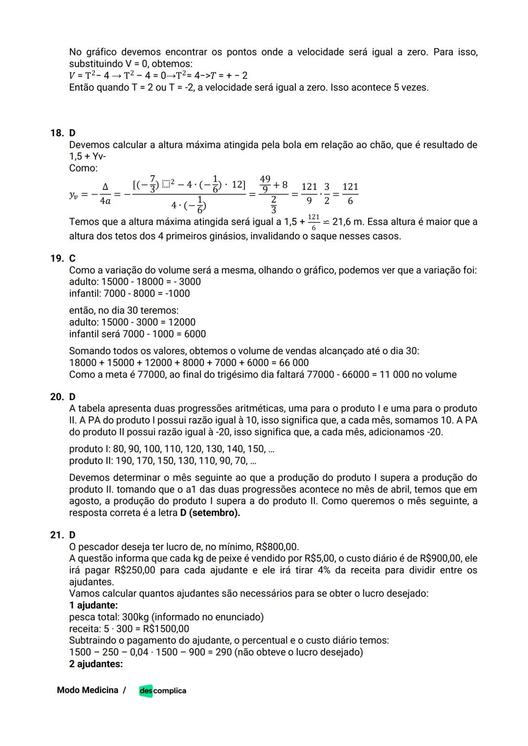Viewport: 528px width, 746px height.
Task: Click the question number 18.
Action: tap(56, 133)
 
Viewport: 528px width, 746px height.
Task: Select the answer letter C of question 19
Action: tap(72, 258)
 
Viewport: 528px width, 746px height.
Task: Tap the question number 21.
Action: tap(56, 535)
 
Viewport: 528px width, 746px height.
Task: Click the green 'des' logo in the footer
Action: tap(146, 691)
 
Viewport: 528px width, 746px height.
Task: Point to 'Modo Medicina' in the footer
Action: tap(88, 690)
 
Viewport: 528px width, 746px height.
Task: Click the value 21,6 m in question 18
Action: tap(348, 222)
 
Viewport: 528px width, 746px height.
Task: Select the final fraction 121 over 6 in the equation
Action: tap(350, 194)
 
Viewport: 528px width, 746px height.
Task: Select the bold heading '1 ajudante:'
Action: tap(93, 606)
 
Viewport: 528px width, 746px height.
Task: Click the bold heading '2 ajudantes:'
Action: tap(96, 664)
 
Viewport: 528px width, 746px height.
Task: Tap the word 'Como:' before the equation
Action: tap(83, 168)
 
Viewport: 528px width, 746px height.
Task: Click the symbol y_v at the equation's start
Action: tap(74, 194)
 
